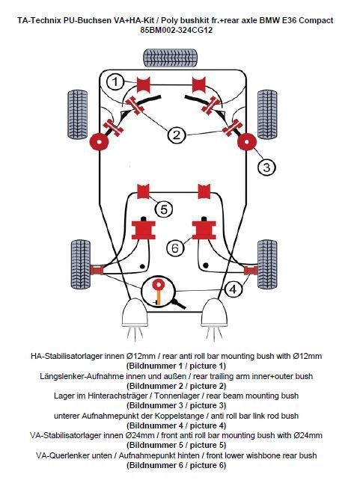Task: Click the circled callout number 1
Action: tap(115, 82)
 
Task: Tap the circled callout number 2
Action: tap(177, 135)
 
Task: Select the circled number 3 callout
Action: tap(266, 167)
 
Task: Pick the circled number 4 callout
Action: tap(233, 289)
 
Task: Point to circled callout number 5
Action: tap(164, 209)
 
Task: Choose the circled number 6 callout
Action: tap(175, 248)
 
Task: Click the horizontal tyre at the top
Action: tap(171, 58)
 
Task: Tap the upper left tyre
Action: tap(78, 114)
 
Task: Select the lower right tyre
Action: tap(267, 264)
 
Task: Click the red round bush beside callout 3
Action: tap(247, 142)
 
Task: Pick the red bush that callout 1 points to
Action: tap(144, 84)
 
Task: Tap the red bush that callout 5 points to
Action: tap(143, 191)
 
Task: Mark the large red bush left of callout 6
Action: tap(143, 230)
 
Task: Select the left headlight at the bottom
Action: tap(135, 313)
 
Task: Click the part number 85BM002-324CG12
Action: tap(176, 30)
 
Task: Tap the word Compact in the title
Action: tap(316, 21)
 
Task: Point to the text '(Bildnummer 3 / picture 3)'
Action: tap(176, 405)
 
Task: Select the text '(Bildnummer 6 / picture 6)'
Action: tap(176, 465)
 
